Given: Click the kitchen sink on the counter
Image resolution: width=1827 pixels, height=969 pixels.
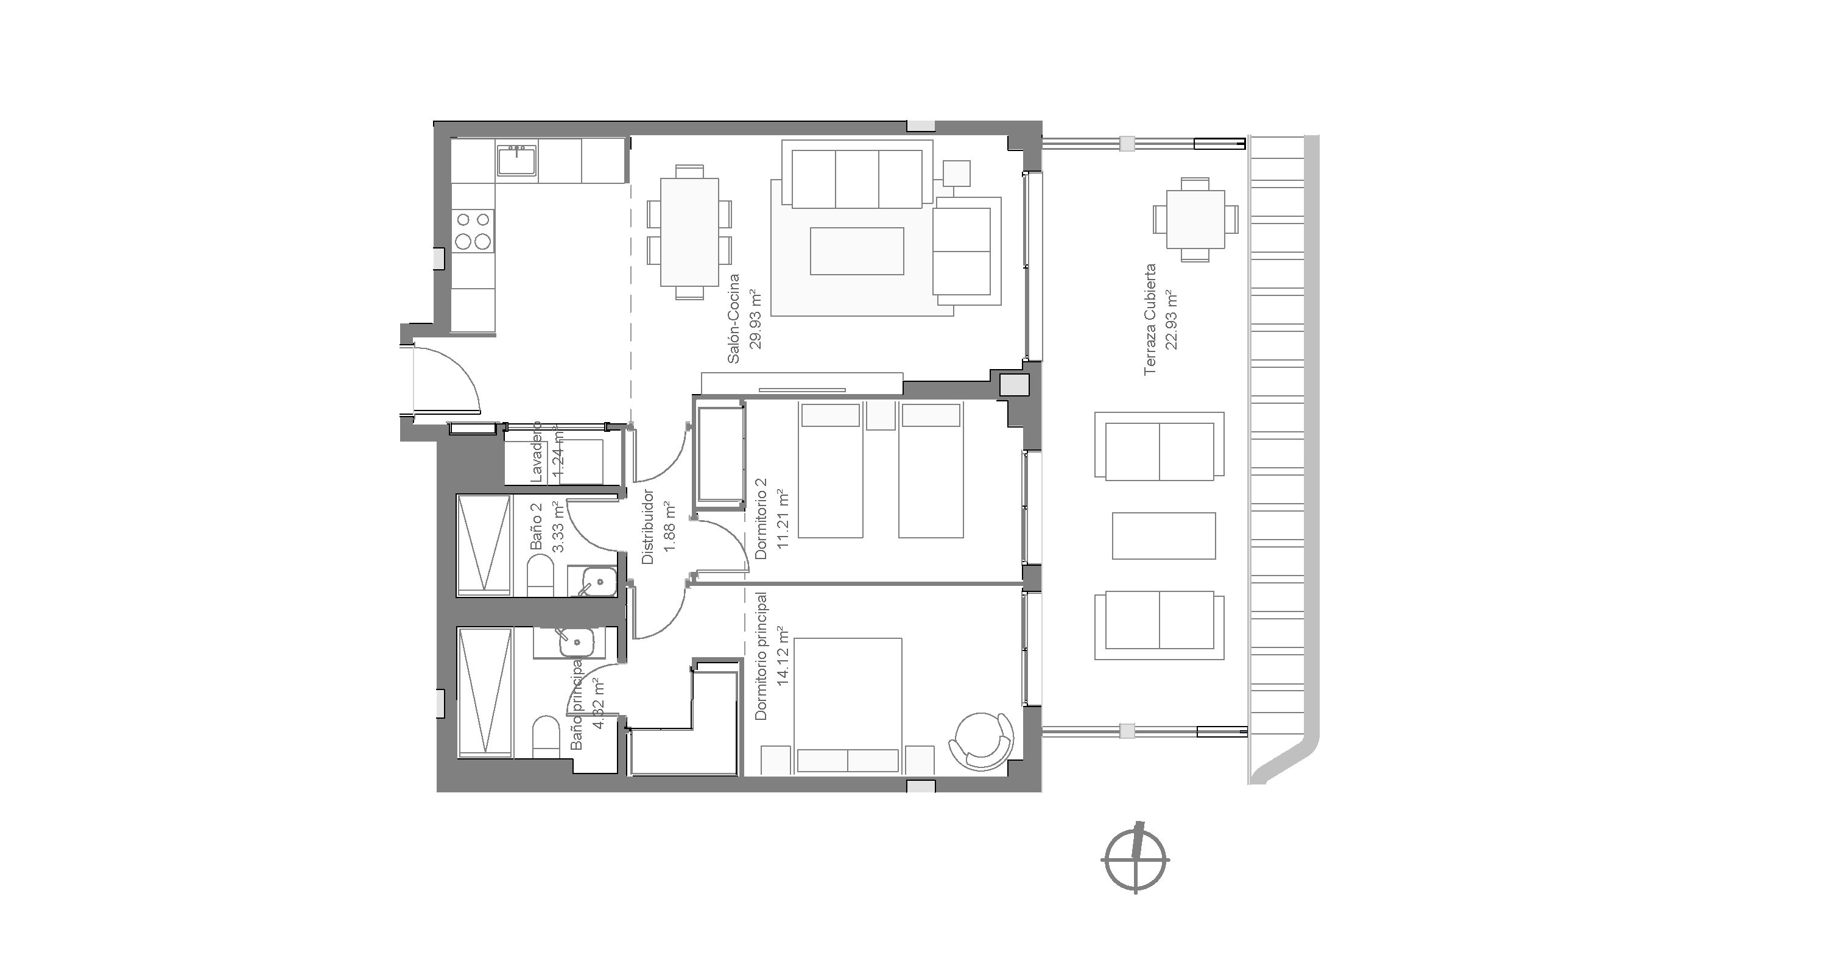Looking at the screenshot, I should point(517,160).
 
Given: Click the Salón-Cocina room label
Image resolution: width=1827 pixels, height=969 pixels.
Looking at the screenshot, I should point(734,319).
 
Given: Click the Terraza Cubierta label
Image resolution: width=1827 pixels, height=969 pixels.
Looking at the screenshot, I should point(1150,319).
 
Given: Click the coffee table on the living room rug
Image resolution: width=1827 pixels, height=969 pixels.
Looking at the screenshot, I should point(857,250).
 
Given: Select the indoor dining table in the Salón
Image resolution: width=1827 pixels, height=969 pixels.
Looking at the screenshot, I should point(689,232).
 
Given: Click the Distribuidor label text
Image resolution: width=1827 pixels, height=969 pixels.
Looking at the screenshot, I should point(647,526).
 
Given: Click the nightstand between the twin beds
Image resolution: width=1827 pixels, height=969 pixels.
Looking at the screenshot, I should point(881,416).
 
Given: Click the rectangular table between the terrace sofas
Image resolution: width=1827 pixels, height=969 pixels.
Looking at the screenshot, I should point(1163,535).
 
